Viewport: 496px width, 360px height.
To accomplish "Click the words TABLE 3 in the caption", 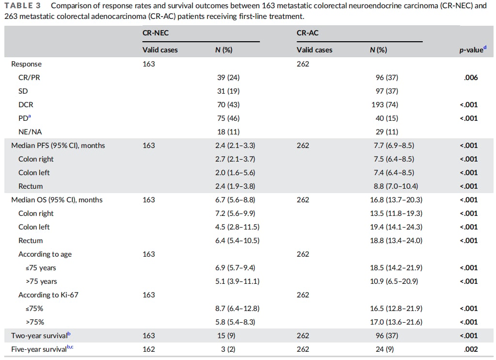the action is pos(23,6).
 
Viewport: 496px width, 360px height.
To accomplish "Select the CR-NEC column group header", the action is pos(155,33).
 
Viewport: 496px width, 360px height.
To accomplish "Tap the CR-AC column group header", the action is pos(307,33).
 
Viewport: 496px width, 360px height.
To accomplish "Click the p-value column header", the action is pos(473,49).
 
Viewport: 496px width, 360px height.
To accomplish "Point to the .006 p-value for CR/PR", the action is pos(471,78).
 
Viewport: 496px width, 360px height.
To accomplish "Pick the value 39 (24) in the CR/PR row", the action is pos(228,78).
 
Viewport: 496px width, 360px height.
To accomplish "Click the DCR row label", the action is pos(26,105).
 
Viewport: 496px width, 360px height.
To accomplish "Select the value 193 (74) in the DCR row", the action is pos(384,105).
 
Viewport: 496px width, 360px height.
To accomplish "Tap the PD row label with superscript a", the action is pos(25,118).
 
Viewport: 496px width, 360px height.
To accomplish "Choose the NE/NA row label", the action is pos(30,132).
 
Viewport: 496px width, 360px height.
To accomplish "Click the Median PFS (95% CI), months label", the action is pos(58,146).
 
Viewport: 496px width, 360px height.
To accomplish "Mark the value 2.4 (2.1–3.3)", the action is pos(235,146).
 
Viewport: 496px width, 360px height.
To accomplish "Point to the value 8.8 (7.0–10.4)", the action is pos(396,186).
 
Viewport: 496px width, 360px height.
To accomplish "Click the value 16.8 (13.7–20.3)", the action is pos(396,200).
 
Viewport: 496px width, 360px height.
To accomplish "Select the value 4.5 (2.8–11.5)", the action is pos(237,227).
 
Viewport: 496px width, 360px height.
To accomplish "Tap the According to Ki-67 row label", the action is pos(48,295).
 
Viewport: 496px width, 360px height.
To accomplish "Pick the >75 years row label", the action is pos(41,281).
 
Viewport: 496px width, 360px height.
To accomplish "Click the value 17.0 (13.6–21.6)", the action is pos(396,322).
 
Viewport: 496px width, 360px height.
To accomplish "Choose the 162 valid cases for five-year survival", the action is pos(149,349).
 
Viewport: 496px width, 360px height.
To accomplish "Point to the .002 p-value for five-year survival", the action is pos(471,349).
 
